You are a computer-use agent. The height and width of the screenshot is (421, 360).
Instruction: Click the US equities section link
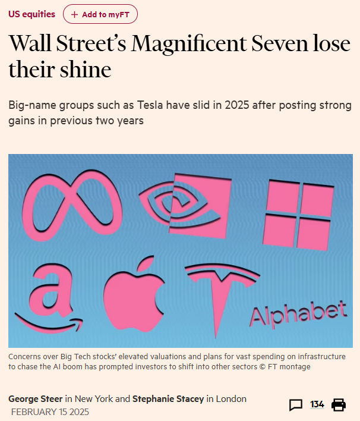(32, 14)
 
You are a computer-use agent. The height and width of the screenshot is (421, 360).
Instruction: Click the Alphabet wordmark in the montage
(298, 313)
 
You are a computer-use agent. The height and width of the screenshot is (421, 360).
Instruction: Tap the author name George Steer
(36, 398)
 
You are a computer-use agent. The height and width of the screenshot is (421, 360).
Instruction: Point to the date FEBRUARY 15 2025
(50, 411)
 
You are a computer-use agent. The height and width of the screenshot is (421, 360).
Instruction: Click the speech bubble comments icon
(295, 405)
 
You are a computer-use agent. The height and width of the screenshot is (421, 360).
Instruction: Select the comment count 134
(317, 405)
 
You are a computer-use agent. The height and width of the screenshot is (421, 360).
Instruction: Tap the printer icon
(339, 405)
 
